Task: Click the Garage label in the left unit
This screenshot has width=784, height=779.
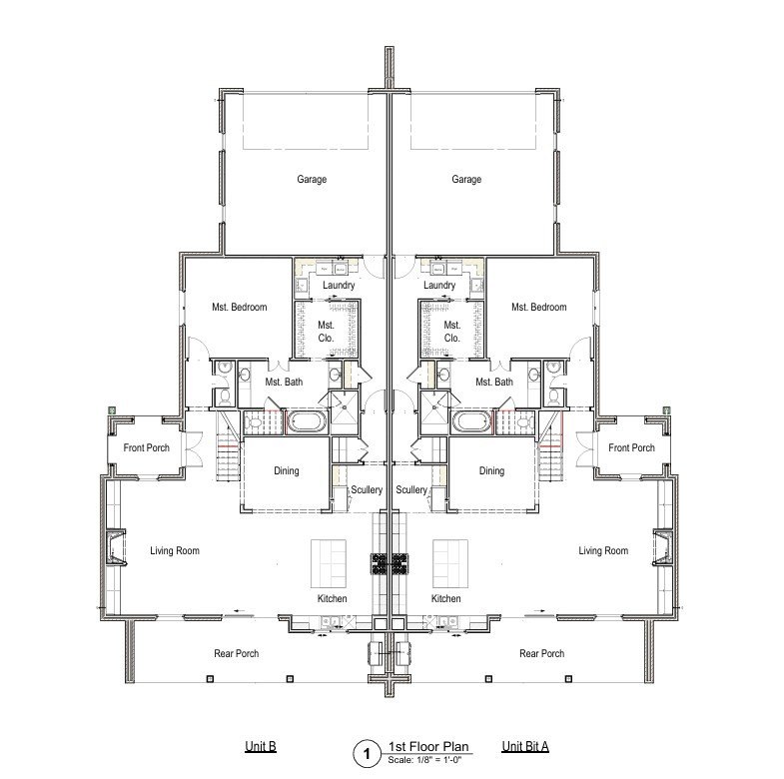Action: click(312, 179)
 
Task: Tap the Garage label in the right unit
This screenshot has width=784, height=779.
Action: click(466, 179)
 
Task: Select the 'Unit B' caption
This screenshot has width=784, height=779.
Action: click(261, 746)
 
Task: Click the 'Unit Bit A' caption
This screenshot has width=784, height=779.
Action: click(525, 746)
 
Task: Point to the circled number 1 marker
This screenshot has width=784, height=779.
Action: click(368, 753)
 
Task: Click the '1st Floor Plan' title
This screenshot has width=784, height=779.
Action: click(428, 747)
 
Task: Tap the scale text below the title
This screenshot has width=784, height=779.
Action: click(424, 760)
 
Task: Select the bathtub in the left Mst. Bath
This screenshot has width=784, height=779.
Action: click(307, 422)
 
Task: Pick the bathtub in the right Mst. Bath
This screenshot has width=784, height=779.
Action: click(471, 422)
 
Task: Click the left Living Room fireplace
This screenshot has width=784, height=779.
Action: click(116, 547)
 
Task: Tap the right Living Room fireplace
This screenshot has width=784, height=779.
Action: click(663, 547)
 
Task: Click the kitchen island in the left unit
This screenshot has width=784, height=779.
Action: click(329, 563)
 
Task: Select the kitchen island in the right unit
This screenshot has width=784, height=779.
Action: click(450, 563)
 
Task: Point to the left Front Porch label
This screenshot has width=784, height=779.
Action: click(147, 447)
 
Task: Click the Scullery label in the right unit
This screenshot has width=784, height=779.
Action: click(411, 490)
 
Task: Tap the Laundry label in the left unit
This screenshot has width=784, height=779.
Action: click(339, 285)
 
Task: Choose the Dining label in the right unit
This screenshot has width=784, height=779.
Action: click(491, 470)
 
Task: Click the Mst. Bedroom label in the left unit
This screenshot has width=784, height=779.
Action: click(240, 307)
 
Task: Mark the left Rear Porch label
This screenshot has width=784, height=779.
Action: click(237, 653)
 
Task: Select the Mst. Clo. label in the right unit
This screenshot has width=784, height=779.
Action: click(452, 332)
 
